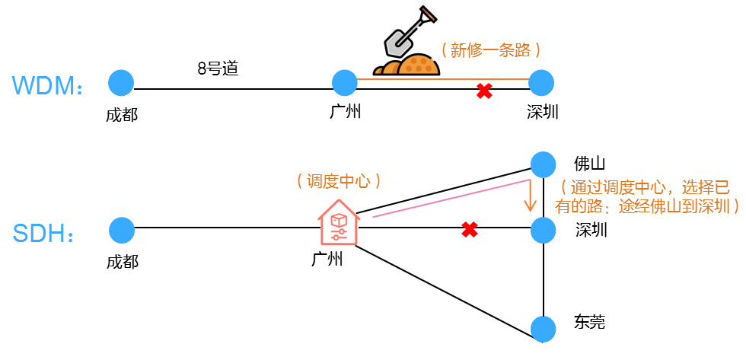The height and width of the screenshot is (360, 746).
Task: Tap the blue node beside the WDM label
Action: tap(121, 82)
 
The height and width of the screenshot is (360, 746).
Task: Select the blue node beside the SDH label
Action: tap(122, 230)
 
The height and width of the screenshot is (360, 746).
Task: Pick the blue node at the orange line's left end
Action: tap(345, 82)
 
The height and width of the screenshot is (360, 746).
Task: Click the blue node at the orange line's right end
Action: tap(541, 82)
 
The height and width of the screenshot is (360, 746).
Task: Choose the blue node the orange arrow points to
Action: tap(543, 230)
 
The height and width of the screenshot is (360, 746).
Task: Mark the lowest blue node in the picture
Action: tap(543, 328)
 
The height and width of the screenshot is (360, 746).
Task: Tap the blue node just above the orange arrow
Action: tap(543, 164)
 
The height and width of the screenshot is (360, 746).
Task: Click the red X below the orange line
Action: tap(483, 91)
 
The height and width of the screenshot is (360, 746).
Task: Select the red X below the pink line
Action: tap(470, 229)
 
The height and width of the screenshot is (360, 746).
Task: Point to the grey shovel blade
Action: tap(397, 44)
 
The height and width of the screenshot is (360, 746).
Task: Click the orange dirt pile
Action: tap(418, 65)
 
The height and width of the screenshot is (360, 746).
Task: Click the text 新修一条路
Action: tap(491, 50)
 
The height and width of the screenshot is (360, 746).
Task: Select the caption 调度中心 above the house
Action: tap(338, 181)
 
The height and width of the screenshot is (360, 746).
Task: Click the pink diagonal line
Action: tap(449, 199)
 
